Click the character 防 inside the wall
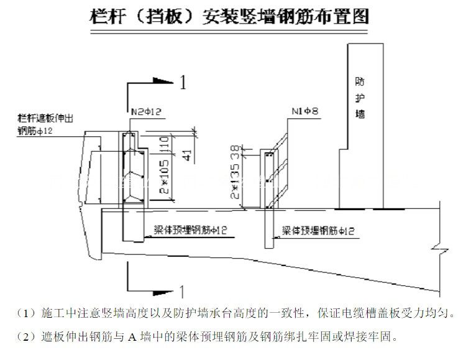(x=360, y=81)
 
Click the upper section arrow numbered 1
(x=182, y=82)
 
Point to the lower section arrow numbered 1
(x=182, y=290)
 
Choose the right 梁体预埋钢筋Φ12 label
(x=318, y=231)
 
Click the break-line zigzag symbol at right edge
(x=439, y=249)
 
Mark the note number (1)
(x=27, y=312)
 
